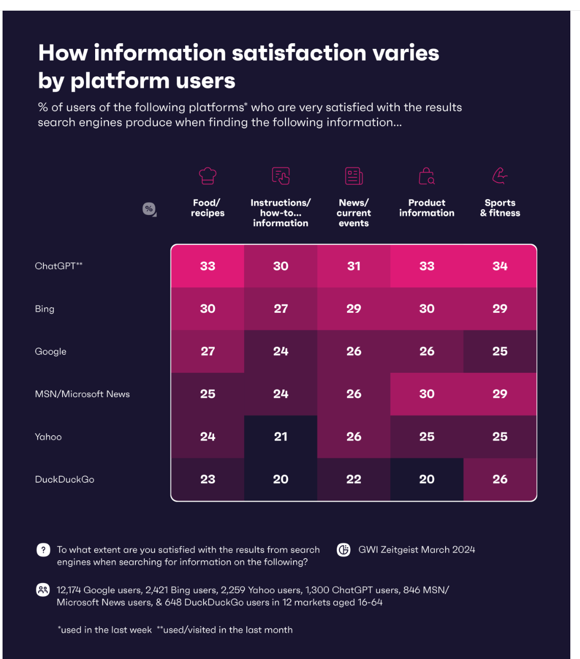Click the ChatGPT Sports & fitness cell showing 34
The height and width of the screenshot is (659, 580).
point(500,266)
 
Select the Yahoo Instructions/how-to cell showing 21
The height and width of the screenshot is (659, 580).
point(280,436)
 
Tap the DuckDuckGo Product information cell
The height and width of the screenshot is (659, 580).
point(426,479)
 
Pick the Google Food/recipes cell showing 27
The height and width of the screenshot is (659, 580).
point(208,351)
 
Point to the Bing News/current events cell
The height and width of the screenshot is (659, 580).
point(354,309)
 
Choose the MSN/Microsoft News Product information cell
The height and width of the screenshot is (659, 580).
point(426,394)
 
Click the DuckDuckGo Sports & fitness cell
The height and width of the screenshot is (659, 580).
point(500,479)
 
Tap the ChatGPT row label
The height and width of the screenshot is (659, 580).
point(59,266)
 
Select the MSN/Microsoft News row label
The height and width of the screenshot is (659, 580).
point(82,394)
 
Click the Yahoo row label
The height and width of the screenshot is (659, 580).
point(48,437)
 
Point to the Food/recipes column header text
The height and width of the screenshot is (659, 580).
point(208,208)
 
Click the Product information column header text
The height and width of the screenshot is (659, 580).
point(426,208)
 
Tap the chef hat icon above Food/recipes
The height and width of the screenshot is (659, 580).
point(208,176)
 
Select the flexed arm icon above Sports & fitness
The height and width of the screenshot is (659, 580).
point(500,176)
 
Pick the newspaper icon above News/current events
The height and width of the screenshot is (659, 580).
point(354,176)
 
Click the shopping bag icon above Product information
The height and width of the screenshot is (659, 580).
point(426,176)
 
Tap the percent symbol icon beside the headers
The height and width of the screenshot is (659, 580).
point(149,209)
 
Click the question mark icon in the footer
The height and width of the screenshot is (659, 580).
point(43,550)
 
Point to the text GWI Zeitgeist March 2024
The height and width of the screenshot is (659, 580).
point(417,550)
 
